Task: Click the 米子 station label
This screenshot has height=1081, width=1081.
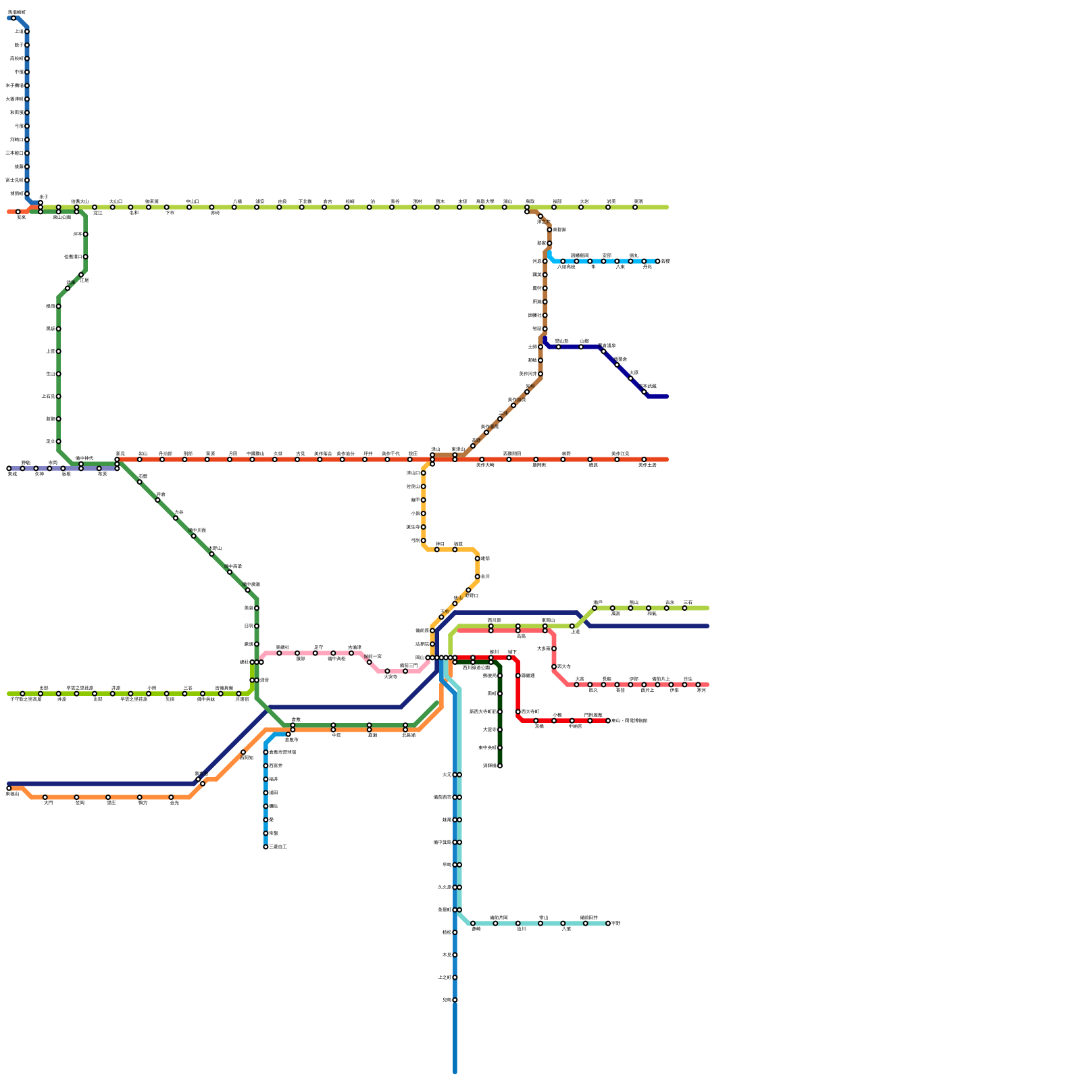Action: [x=44, y=197]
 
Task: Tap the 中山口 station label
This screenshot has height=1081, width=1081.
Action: [x=193, y=201]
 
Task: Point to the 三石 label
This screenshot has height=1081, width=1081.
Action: [x=687, y=602]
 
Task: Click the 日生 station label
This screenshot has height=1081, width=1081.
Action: [x=687, y=678]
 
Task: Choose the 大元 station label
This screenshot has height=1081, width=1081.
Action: [x=447, y=775]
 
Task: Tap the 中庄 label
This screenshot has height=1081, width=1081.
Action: [x=336, y=735]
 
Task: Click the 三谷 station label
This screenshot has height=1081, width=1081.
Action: [x=188, y=688]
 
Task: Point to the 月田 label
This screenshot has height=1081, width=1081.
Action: [x=232, y=453]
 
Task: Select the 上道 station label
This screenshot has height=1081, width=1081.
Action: [x=575, y=632]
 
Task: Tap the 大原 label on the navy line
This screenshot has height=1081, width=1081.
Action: [x=634, y=372]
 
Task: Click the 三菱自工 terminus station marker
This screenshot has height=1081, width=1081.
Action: [x=266, y=847]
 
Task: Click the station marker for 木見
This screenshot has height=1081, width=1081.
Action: [x=455, y=955]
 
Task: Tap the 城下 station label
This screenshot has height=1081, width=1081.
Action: [x=512, y=652]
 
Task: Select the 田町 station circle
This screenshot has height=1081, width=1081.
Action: [x=500, y=694]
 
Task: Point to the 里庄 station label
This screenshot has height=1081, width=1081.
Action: [x=111, y=803]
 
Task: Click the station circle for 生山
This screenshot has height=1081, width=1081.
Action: [x=59, y=374]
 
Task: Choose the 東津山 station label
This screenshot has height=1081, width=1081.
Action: [x=458, y=449]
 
